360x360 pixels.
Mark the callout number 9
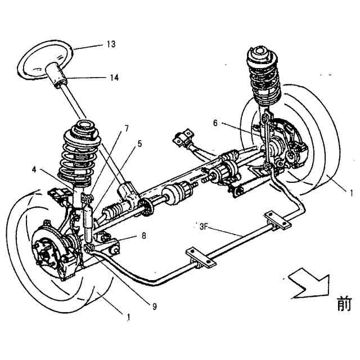(154, 306)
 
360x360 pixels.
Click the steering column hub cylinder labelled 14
(58, 76)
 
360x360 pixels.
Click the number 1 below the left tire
(129, 317)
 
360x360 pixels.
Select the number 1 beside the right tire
(351, 192)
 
